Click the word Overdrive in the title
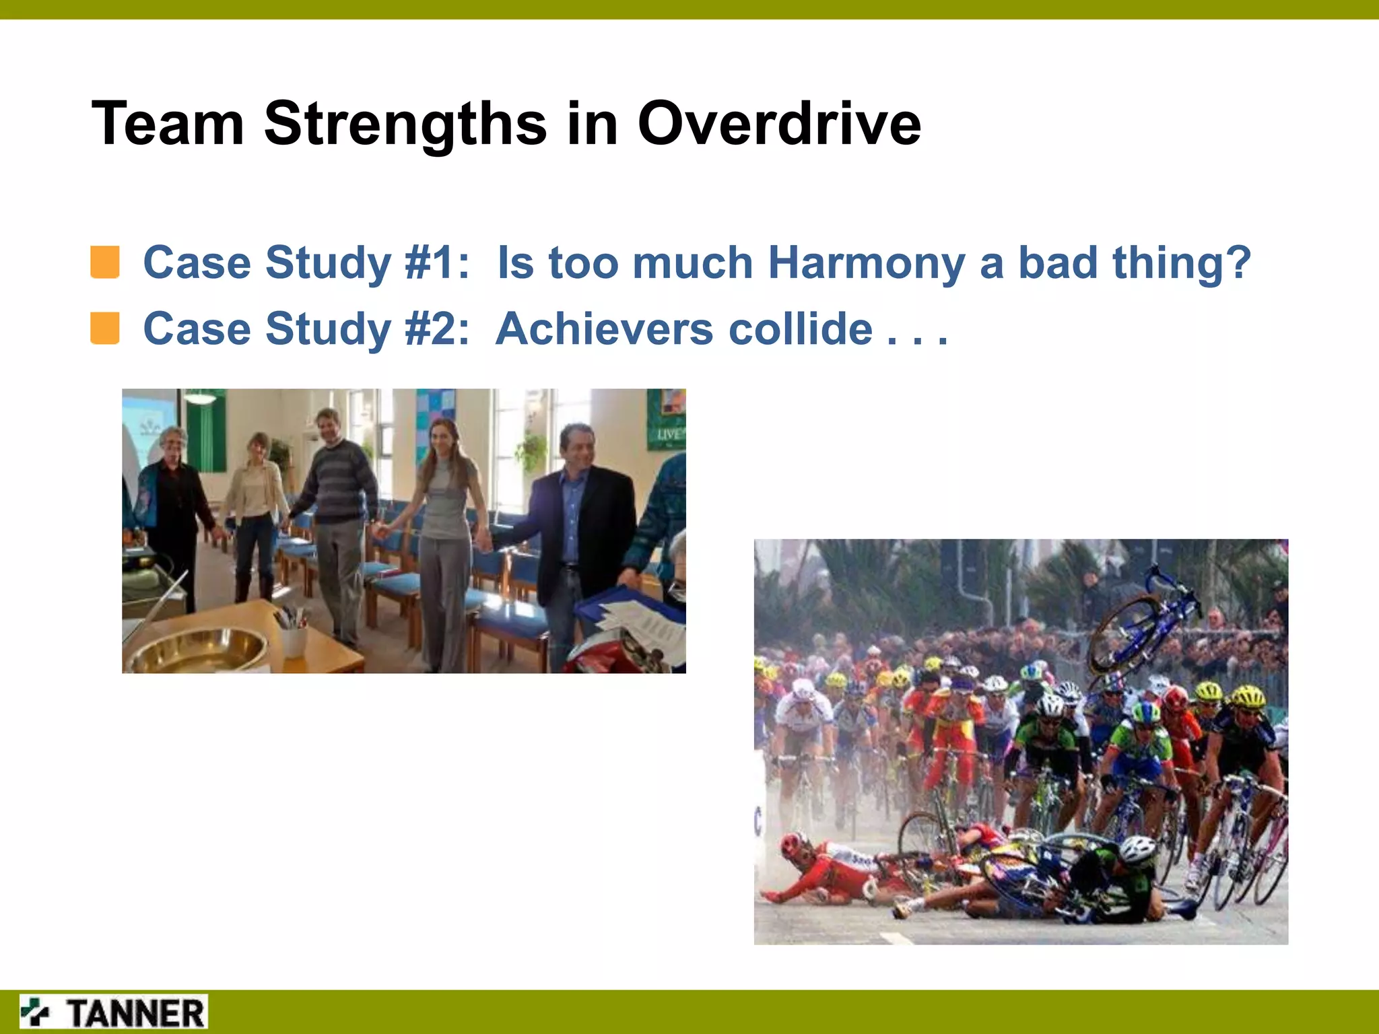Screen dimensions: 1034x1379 pyautogui.click(x=778, y=124)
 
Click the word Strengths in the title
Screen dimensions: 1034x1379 pyautogui.click(x=405, y=125)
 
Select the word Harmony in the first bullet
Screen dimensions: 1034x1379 pyautogui.click(x=866, y=263)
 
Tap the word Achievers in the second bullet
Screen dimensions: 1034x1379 pyautogui.click(x=603, y=329)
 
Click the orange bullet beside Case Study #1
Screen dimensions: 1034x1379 pyautogui.click(x=105, y=263)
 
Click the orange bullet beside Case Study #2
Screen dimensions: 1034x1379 pyautogui.click(x=105, y=329)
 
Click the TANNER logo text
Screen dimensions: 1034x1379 pyautogui.click(x=136, y=1013)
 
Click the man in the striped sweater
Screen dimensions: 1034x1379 pyautogui.click(x=337, y=512)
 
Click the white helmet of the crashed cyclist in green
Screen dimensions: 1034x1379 pyautogui.click(x=1138, y=850)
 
